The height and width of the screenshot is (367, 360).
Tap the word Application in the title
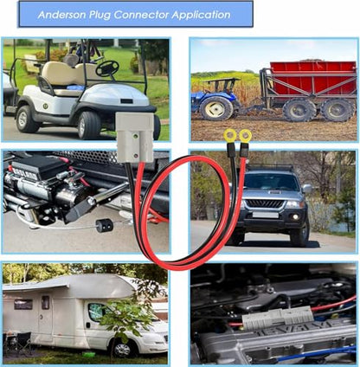[x=201, y=16]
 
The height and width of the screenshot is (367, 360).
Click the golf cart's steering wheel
[x=107, y=68]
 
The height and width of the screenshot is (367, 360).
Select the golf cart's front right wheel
[x=88, y=126]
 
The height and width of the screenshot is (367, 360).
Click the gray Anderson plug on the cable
[x=135, y=138]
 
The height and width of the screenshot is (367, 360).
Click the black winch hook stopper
[x=105, y=225]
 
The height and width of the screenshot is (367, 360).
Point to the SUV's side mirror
[x=307, y=189]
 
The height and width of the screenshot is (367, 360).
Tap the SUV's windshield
[x=271, y=182]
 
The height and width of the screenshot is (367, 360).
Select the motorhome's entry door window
[x=45, y=302]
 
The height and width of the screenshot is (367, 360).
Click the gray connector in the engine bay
[x=278, y=318]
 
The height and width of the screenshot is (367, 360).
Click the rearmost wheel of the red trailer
[x=338, y=110]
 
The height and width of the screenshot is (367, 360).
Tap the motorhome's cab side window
[x=97, y=312]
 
